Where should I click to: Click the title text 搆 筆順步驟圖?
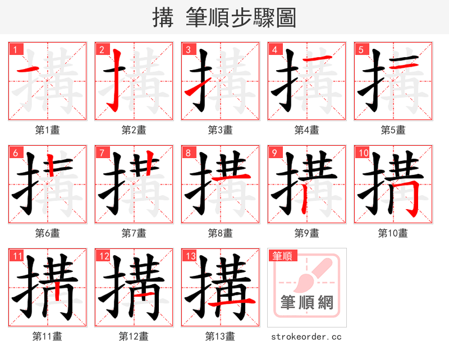pyautogui.click(x=224, y=17)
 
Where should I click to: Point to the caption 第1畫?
pyautogui.click(x=48, y=130)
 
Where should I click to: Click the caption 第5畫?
pyautogui.click(x=393, y=130)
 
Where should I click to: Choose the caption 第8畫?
pyautogui.click(x=220, y=233)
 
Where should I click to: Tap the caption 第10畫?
pyautogui.click(x=393, y=233)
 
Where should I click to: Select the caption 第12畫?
pyautogui.click(x=134, y=336)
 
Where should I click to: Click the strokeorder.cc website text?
pyautogui.click(x=306, y=336)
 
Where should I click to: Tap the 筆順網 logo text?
pyautogui.click(x=307, y=303)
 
